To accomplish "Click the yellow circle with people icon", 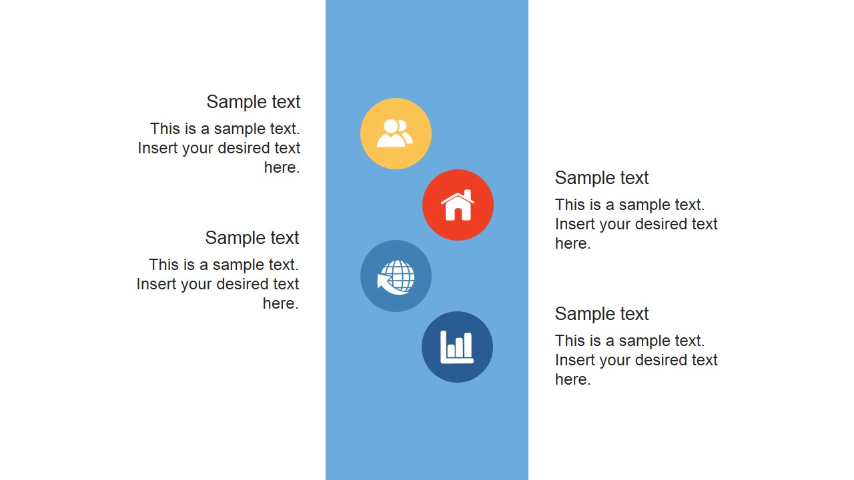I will pyautogui.click(x=396, y=133).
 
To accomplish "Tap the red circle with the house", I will pyautogui.click(x=458, y=205).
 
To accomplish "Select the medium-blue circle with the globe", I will pyautogui.click(x=396, y=276).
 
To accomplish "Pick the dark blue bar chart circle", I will pyautogui.click(x=457, y=347).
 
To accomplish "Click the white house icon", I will pyautogui.click(x=458, y=205).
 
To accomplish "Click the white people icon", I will pyautogui.click(x=394, y=133).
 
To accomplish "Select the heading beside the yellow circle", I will pyautogui.click(x=253, y=102).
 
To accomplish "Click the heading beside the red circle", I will pyautogui.click(x=602, y=178).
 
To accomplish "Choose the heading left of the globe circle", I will pyautogui.click(x=252, y=238).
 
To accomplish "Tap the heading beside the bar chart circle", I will pyautogui.click(x=602, y=314).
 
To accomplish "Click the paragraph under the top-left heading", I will pyautogui.click(x=220, y=148).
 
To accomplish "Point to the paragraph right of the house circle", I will pyautogui.click(x=636, y=224).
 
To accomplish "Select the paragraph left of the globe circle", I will pyautogui.click(x=218, y=284).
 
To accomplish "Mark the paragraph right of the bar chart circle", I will pyautogui.click(x=636, y=360).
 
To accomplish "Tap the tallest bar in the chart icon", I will pyautogui.click(x=467, y=345).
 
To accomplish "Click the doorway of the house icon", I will pyautogui.click(x=458, y=213).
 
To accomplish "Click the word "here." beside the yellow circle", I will pyautogui.click(x=282, y=167).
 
